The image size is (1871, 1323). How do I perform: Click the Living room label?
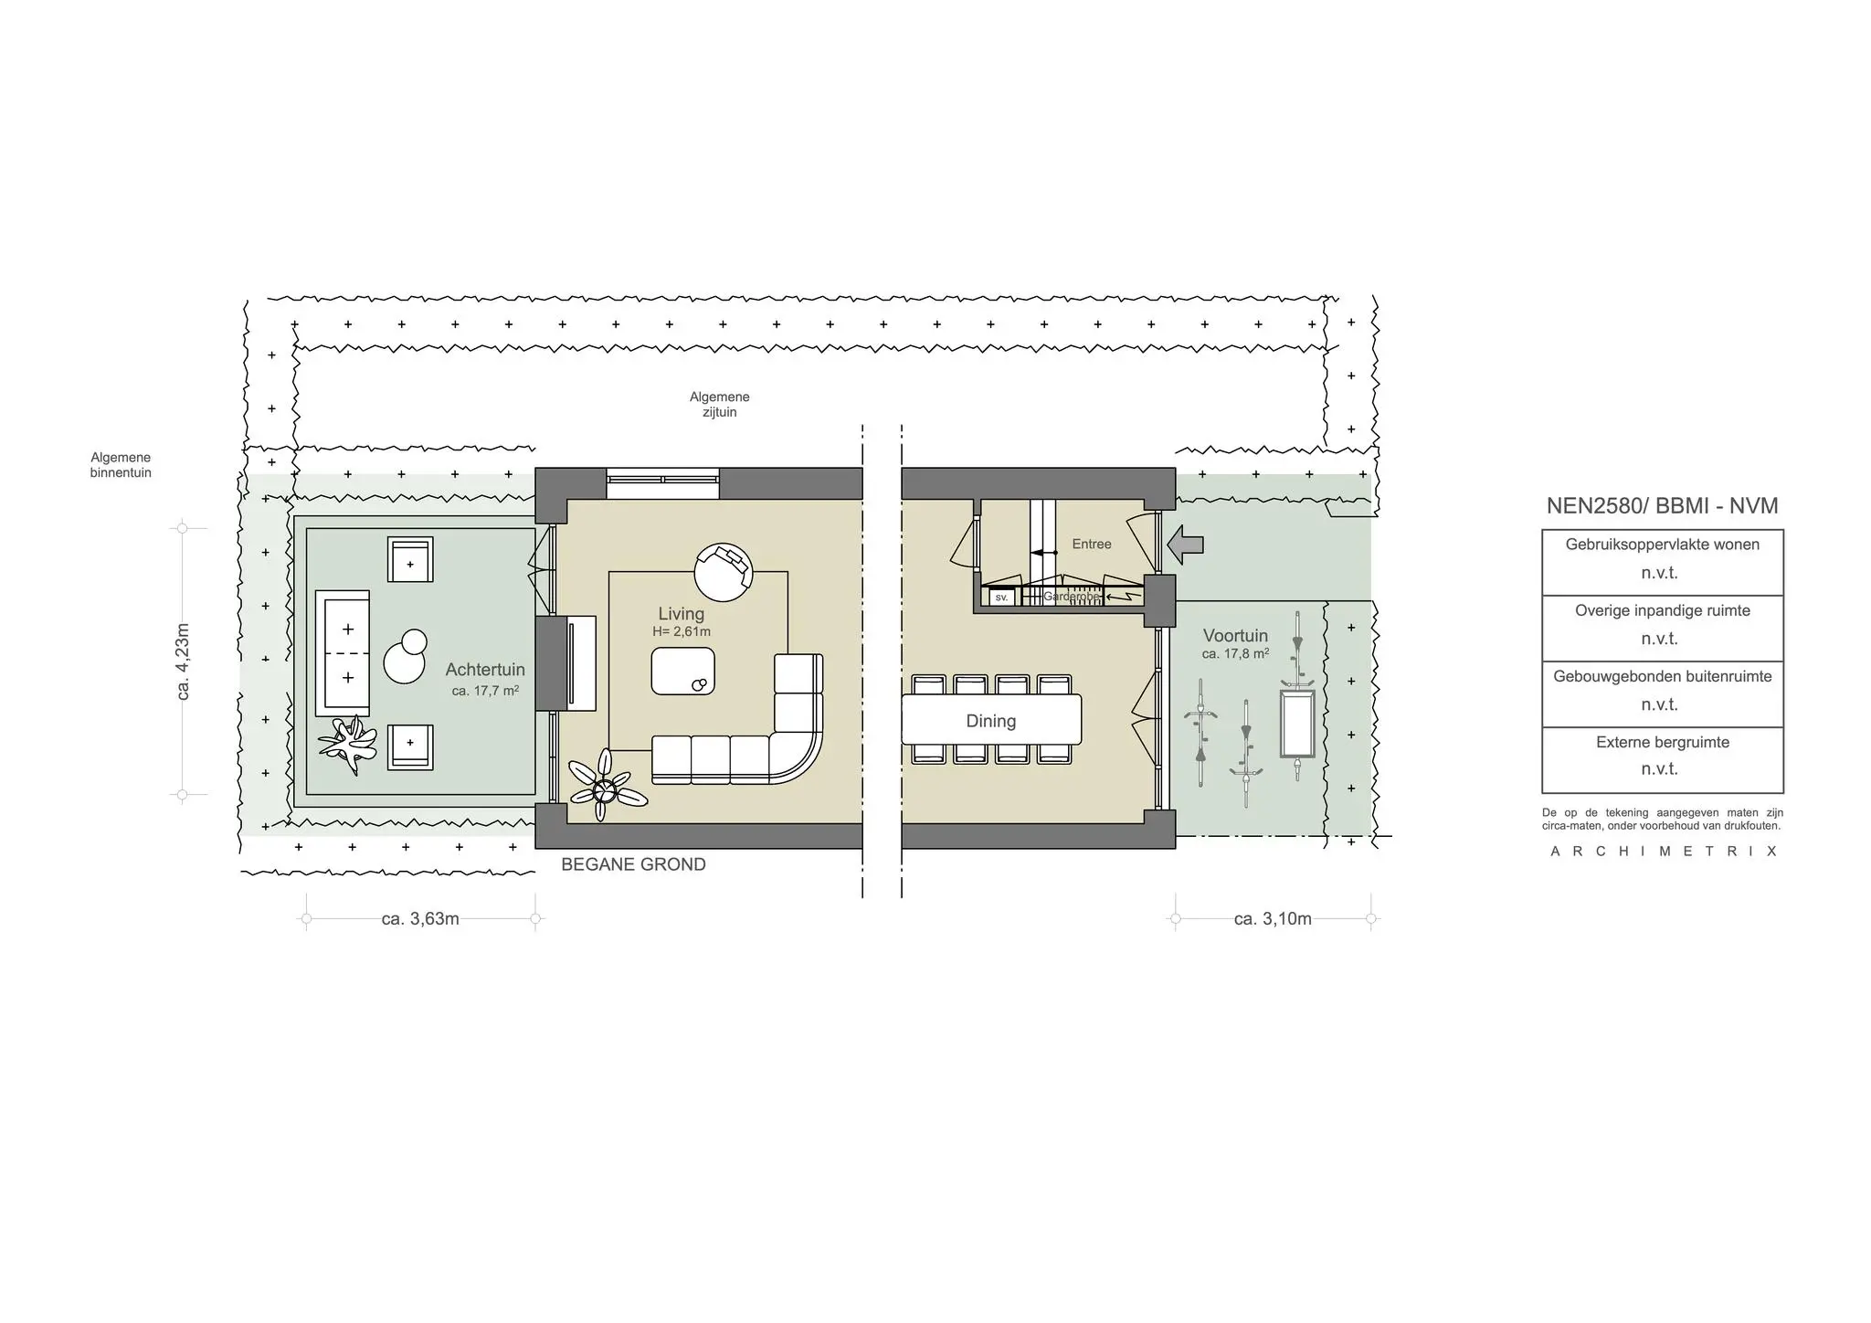(x=681, y=614)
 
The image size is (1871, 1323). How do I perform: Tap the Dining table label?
(x=990, y=721)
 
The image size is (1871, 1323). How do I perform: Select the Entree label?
(x=1091, y=544)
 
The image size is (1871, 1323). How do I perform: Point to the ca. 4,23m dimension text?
(x=183, y=661)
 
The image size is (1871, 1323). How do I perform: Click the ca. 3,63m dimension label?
(x=420, y=919)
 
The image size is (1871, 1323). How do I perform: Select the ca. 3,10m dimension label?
(x=1272, y=919)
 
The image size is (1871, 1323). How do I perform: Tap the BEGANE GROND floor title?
(x=633, y=864)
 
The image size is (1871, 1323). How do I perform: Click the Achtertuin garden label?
(x=485, y=670)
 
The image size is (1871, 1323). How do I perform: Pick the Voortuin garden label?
(x=1235, y=636)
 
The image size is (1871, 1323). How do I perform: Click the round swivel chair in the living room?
(x=723, y=571)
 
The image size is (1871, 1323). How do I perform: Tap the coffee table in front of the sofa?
(x=682, y=672)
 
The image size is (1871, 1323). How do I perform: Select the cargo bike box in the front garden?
(x=1296, y=724)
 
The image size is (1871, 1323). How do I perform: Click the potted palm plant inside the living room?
(x=604, y=786)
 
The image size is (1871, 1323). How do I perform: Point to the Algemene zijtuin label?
(x=719, y=404)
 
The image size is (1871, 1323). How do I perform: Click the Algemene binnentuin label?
(x=121, y=465)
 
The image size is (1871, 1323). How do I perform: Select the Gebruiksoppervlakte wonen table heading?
(x=1662, y=545)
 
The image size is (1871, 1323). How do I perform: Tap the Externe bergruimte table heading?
(x=1662, y=743)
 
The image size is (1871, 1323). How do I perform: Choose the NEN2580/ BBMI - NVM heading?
(x=1662, y=506)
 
